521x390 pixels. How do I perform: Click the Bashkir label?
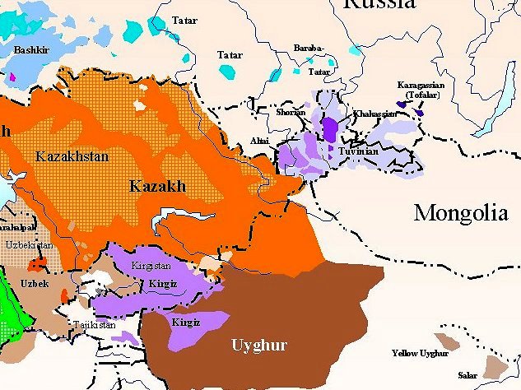click(30, 50)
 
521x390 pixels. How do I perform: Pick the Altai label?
click(259, 142)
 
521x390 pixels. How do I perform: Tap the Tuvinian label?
click(358, 152)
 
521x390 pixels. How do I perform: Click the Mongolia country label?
click(460, 214)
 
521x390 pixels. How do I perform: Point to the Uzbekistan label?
click(28, 245)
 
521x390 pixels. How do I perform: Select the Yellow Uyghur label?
click(420, 354)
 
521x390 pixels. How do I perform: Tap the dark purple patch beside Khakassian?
click(330, 130)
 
